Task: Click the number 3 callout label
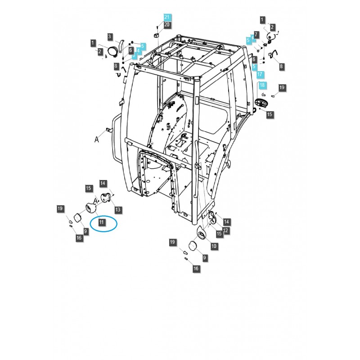[109, 36]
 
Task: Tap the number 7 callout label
[256, 34]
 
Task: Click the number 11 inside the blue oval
[102, 222]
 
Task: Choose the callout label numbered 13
[118, 210]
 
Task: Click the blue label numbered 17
[261, 73]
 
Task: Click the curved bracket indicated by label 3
[120, 47]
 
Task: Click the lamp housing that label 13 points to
[106, 197]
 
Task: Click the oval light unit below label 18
[261, 103]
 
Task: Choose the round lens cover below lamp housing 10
[193, 246]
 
